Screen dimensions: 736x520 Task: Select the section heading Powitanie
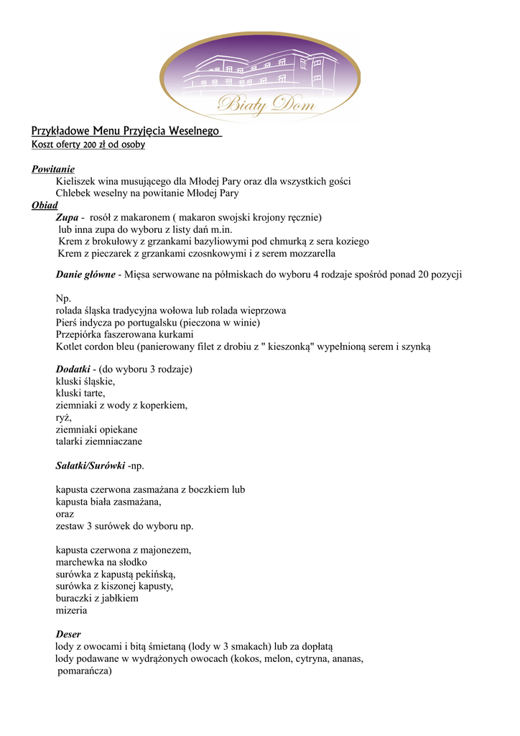pos(53,169)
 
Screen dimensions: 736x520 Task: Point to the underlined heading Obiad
pos(44,205)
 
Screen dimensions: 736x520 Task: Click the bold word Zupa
pos(67,217)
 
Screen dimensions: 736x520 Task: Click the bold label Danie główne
pos(85,274)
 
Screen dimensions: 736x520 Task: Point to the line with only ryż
pos(64,418)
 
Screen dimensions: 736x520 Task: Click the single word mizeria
pos(71,610)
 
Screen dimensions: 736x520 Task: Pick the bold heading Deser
pos(68,635)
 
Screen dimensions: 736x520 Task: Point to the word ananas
pos(345,658)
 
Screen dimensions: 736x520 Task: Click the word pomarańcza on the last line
pos(84,671)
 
